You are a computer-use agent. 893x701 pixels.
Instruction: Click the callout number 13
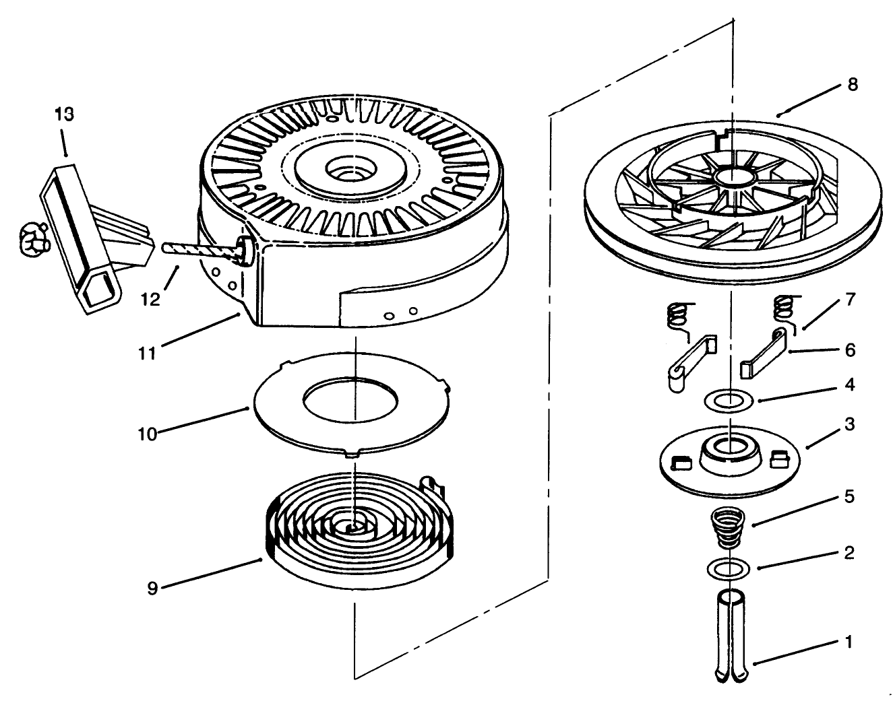(x=65, y=114)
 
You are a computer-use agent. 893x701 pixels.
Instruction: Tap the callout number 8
(x=853, y=86)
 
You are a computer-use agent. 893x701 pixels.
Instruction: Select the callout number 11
(x=148, y=352)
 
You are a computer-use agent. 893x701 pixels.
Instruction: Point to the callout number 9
(x=152, y=588)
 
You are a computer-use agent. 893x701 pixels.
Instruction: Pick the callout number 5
(x=850, y=496)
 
